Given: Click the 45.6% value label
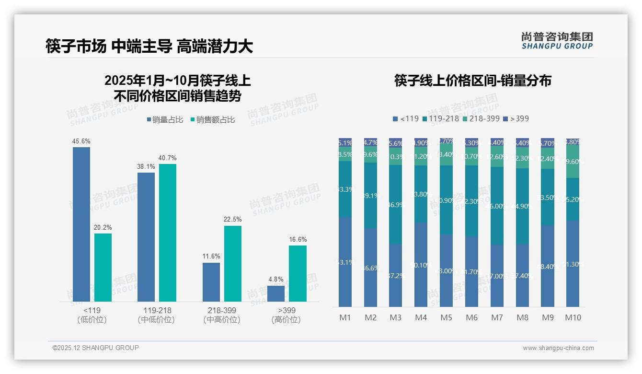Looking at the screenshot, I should click(x=81, y=141).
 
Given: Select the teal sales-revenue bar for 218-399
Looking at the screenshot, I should click(x=232, y=264).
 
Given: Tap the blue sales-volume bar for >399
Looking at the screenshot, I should click(x=276, y=293).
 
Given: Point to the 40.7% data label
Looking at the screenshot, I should click(x=167, y=158).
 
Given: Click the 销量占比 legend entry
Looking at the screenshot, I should click(x=165, y=120).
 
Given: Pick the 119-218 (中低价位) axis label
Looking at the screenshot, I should click(x=156, y=315).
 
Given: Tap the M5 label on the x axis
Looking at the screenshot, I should click(x=446, y=317).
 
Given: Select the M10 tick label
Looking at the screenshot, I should click(x=573, y=317).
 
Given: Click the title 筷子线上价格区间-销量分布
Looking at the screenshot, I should click(x=472, y=81).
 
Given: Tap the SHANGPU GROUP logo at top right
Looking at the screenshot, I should click(x=557, y=41).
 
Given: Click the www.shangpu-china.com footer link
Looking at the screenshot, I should click(x=558, y=348).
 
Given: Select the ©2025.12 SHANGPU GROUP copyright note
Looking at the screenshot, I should click(x=96, y=348).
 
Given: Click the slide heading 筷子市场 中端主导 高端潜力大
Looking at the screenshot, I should click(x=149, y=46).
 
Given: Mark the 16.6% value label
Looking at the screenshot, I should click(x=298, y=239).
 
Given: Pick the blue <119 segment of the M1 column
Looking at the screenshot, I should click(x=345, y=262).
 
